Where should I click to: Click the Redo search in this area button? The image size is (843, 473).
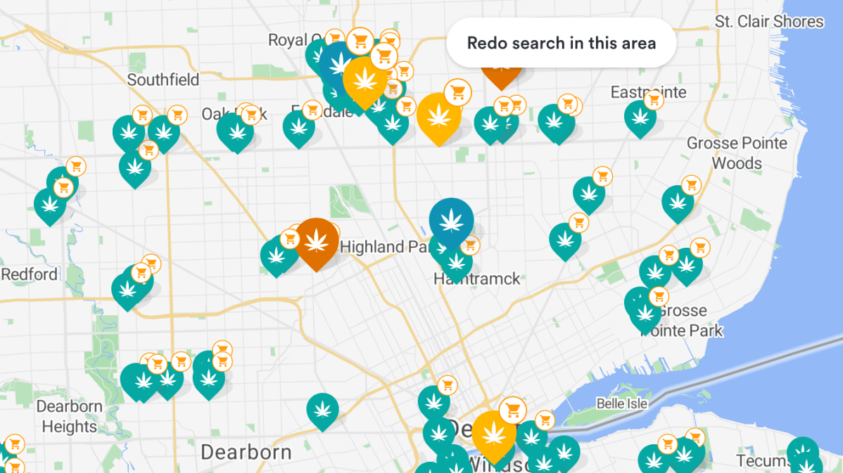(x=561, y=43)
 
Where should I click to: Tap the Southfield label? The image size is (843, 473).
(x=163, y=80)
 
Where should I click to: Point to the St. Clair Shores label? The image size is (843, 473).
(x=769, y=21)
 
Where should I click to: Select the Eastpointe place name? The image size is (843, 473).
(x=648, y=92)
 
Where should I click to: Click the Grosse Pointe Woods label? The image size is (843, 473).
(x=737, y=153)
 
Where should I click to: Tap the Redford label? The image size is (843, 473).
(x=29, y=274)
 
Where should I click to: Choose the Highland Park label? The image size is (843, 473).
(x=384, y=247)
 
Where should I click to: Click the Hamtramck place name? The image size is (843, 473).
(x=477, y=279)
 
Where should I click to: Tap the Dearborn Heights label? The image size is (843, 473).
(x=69, y=416)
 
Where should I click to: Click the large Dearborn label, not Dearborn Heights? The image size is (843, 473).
(x=246, y=451)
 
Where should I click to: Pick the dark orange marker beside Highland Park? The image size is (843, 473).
(x=316, y=241)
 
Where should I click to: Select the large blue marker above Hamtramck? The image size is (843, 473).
(x=451, y=220)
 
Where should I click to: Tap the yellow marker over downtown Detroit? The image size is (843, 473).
(x=494, y=432)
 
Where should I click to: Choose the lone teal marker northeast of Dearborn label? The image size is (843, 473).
(x=322, y=409)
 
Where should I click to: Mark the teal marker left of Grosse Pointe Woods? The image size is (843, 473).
(x=678, y=202)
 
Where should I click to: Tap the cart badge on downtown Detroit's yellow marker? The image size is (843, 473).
(x=513, y=410)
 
